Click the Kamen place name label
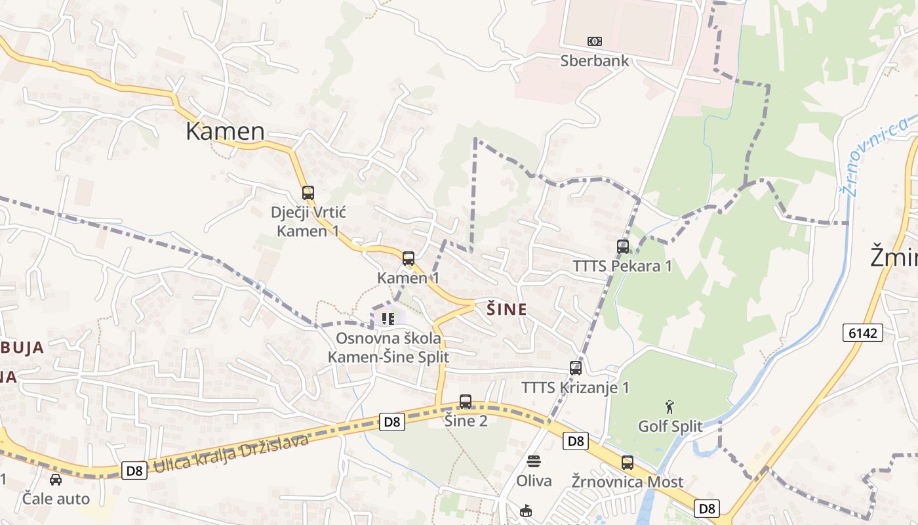click(x=225, y=131)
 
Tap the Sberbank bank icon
click(x=595, y=41)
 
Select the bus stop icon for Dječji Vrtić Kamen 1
click(x=308, y=193)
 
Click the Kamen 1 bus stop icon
click(x=409, y=259)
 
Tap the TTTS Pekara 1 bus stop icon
click(x=623, y=247)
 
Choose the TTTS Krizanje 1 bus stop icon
click(x=576, y=368)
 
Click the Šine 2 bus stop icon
click(x=466, y=402)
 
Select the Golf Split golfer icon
click(x=669, y=407)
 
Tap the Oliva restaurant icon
click(x=534, y=461)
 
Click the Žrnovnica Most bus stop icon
click(x=628, y=463)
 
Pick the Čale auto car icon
click(x=56, y=480)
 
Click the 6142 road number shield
click(x=862, y=333)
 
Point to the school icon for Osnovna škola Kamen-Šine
click(x=388, y=319)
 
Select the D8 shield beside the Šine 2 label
click(x=392, y=422)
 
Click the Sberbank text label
click(x=594, y=61)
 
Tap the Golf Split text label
click(x=670, y=427)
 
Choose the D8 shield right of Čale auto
click(x=134, y=470)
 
